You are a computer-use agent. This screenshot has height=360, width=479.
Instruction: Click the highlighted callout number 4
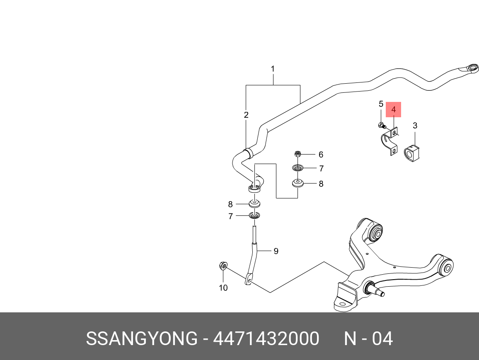(x=394, y=110)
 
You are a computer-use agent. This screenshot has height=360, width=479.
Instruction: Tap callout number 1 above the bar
(x=273, y=69)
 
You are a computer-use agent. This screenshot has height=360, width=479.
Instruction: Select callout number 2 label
(x=246, y=115)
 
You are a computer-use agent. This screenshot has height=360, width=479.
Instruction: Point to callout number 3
(x=415, y=126)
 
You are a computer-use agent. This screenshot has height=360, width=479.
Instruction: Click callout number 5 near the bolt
(x=381, y=104)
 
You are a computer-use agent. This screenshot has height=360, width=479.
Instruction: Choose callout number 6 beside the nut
(x=321, y=155)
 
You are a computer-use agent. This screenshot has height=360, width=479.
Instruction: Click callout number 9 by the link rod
(x=276, y=251)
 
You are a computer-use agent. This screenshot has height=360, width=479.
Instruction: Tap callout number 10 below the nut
(x=223, y=288)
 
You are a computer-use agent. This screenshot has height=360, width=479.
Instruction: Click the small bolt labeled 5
(x=381, y=125)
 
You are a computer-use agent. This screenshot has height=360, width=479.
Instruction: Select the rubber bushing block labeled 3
(x=411, y=153)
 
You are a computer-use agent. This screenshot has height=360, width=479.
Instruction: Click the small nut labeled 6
(x=297, y=154)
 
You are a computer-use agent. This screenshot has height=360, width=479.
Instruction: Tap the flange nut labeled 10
(x=223, y=265)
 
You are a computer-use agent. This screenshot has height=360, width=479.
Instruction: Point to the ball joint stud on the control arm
(x=378, y=292)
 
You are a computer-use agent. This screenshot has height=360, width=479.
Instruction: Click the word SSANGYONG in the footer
(x=141, y=339)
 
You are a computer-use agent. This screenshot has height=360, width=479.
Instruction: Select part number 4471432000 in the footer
(x=266, y=339)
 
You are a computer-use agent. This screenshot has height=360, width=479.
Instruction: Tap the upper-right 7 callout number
(x=321, y=169)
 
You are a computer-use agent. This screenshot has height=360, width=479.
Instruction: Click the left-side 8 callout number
(x=230, y=204)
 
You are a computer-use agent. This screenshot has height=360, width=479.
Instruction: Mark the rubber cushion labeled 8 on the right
(x=298, y=183)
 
